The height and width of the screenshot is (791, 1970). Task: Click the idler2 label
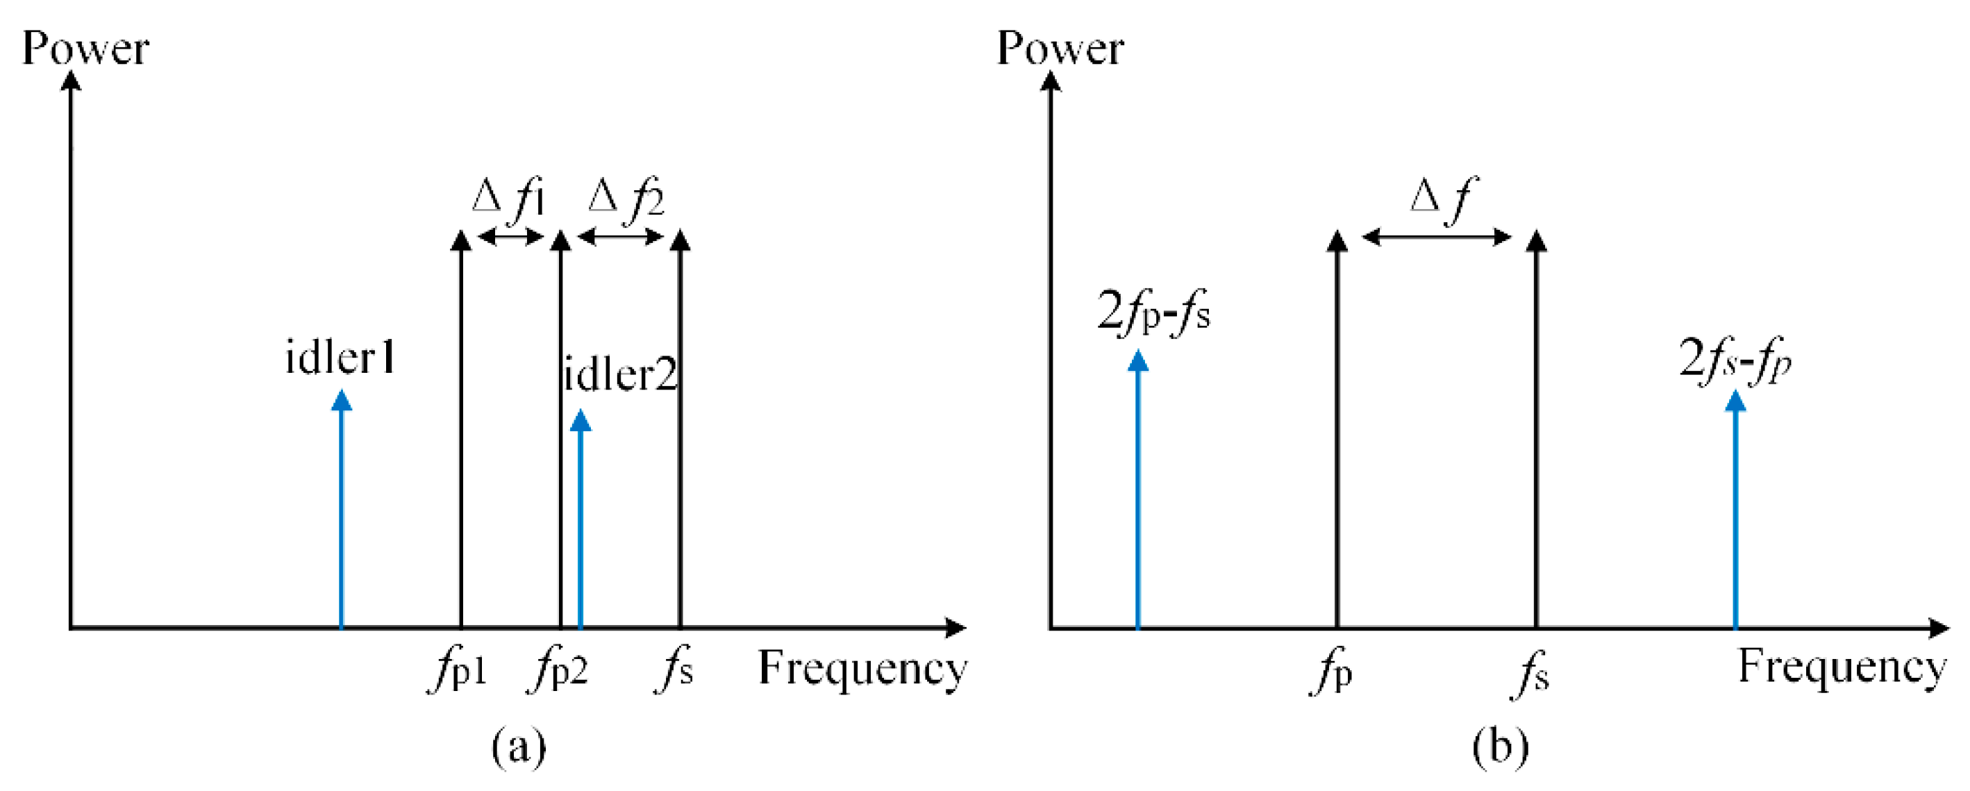(x=620, y=375)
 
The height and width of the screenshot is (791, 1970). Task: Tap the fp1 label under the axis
(x=458, y=671)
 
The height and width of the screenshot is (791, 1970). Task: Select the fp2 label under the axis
(x=558, y=671)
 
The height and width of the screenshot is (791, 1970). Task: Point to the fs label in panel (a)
(x=674, y=671)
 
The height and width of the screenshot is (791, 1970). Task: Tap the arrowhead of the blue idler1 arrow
(x=342, y=400)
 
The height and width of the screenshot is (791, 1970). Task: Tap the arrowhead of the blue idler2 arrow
(x=581, y=420)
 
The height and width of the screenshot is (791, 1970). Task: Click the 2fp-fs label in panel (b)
(x=1153, y=312)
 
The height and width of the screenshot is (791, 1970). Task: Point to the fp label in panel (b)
(x=1331, y=673)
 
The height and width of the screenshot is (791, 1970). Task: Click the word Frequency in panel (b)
(x=1842, y=667)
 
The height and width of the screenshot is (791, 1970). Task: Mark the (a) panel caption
(x=519, y=746)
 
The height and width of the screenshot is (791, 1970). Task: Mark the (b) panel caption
(x=1501, y=746)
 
